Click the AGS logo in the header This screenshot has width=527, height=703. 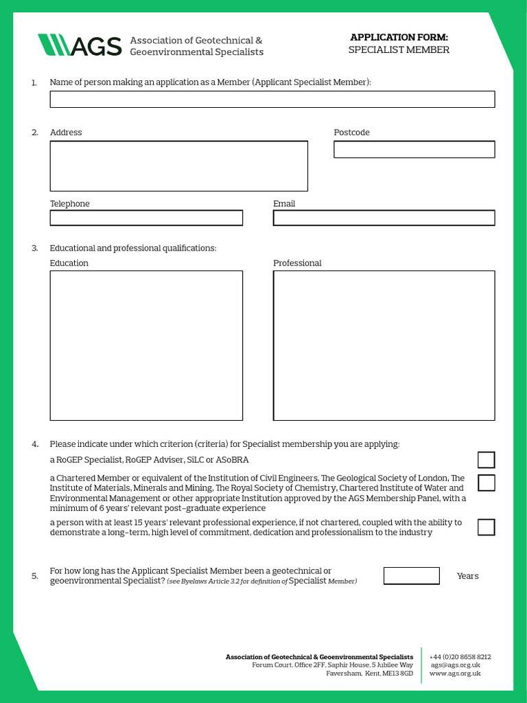[80, 45]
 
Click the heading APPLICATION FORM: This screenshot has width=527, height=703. [399, 37]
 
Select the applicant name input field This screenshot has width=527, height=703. [272, 100]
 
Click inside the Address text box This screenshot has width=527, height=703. [178, 166]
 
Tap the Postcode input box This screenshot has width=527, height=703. [414, 150]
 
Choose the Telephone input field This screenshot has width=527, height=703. [146, 218]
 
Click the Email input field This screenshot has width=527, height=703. [384, 218]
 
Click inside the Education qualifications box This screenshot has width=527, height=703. [146, 345]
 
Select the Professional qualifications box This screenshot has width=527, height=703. [384, 345]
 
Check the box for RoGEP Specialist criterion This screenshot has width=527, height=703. [486, 460]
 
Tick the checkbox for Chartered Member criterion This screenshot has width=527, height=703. [486, 483]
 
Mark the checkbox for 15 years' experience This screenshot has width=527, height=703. [486, 527]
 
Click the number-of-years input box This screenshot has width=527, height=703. [411, 576]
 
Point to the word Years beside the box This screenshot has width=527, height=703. [467, 576]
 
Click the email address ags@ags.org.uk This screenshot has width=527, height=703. [456, 665]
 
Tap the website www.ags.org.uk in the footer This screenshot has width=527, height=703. [455, 673]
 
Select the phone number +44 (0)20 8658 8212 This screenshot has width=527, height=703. [460, 657]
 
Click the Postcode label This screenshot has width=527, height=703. [351, 132]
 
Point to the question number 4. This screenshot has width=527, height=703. [34, 444]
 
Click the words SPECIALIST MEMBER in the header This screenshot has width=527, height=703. [399, 50]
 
